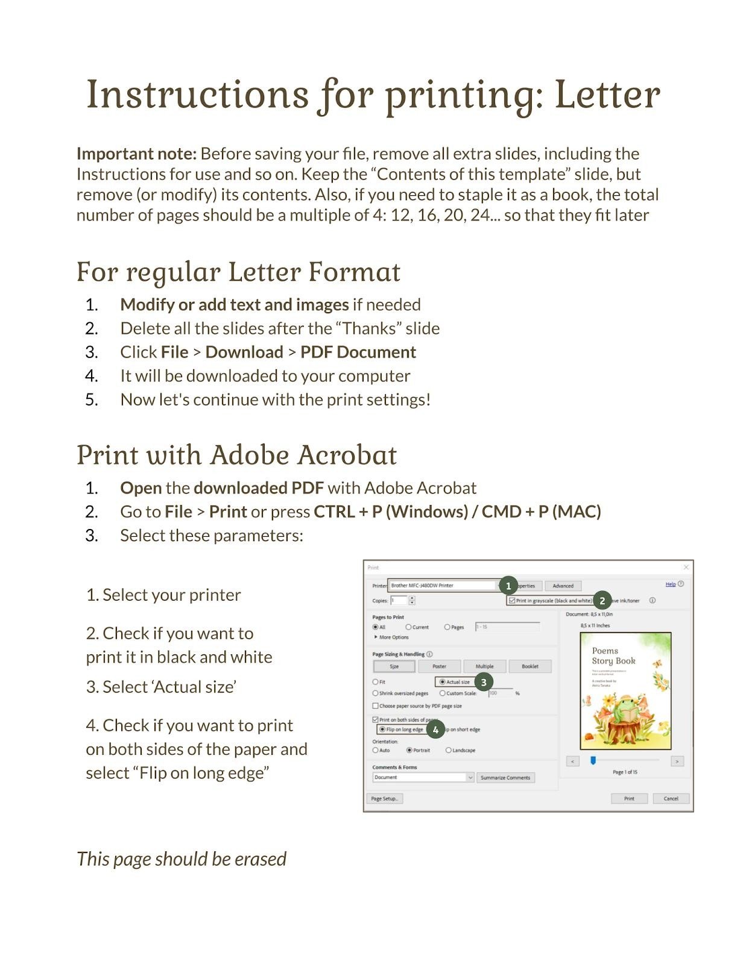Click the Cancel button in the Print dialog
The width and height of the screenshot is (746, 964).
pos(671,798)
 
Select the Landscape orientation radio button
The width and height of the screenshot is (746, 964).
pos(449,750)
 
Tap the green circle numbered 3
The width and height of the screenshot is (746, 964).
pos(484,682)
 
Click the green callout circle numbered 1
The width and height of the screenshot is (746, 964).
pos(508,586)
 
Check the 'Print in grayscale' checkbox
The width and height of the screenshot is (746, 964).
pos(512,601)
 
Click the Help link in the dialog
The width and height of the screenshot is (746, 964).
pos(670,584)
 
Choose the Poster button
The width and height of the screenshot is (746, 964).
pos(439,666)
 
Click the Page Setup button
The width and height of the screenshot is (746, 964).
pos(384,799)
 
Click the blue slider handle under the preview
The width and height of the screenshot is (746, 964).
pos(593,761)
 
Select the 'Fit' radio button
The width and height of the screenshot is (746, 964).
pos(376,682)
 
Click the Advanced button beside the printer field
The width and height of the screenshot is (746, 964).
pos(563,586)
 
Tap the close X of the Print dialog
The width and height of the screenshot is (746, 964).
pos(686,567)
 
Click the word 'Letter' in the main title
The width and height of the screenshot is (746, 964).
pos(607,95)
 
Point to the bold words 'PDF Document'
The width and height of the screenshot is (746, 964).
pos(358,352)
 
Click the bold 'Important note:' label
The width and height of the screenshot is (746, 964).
pos(136,154)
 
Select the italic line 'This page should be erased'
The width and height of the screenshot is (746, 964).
pos(182,859)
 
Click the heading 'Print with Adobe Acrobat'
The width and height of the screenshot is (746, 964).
pos(237,455)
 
